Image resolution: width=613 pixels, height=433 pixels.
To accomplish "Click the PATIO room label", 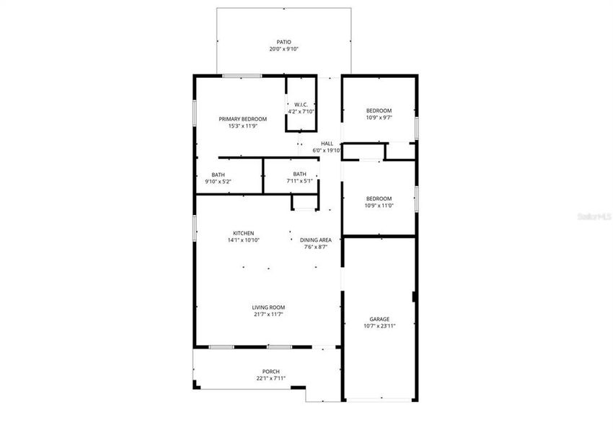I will (x=283, y=42).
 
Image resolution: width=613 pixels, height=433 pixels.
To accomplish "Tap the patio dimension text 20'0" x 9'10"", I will (x=283, y=49).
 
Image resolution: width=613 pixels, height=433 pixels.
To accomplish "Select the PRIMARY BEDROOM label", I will (x=243, y=119).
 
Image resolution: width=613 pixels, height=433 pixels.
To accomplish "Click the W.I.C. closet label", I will (x=301, y=105).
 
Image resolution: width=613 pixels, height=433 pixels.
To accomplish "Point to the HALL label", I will (x=327, y=144).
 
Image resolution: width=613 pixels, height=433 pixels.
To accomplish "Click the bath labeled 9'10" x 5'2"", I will (x=218, y=175).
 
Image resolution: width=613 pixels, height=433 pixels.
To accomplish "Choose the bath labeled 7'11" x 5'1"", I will (x=299, y=174).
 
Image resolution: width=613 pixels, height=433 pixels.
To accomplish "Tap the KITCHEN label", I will (x=243, y=233).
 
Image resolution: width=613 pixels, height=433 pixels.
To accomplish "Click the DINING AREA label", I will (x=315, y=240).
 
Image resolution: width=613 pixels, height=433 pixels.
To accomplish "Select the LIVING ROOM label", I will (x=268, y=307).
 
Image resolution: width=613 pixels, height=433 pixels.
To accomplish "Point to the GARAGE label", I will (x=379, y=319).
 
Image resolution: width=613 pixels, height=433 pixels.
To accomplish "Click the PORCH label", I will (x=271, y=372).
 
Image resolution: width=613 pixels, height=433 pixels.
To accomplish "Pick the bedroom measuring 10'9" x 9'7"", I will (x=379, y=110).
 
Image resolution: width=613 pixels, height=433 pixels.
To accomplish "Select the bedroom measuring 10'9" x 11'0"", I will (x=379, y=198).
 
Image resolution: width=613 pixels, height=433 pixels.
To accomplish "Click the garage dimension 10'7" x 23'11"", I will (x=379, y=326).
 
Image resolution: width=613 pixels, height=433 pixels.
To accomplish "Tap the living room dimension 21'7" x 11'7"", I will (x=268, y=315).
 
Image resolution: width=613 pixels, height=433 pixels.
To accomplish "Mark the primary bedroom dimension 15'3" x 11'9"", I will (x=243, y=126).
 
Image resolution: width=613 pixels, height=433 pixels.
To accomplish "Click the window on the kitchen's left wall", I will (x=193, y=228).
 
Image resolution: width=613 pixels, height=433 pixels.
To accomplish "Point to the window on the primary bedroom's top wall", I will (x=242, y=76).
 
